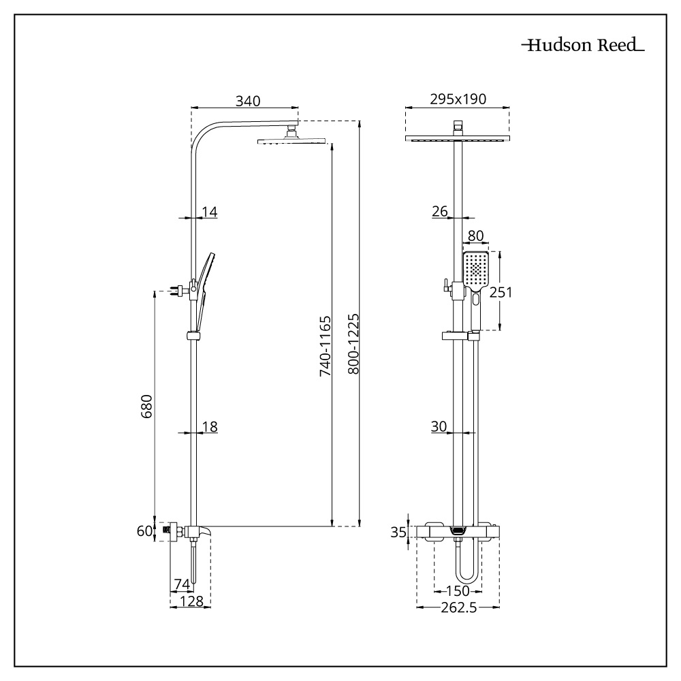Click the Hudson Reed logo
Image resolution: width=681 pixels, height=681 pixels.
point(582,46)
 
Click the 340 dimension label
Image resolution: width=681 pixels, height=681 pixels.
point(248,101)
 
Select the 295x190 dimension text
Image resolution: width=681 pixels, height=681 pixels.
point(458,99)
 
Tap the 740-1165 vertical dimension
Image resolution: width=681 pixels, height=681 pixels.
point(325,346)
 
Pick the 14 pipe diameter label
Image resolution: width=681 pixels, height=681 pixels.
point(209,212)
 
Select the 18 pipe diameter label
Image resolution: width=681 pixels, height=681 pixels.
point(209,427)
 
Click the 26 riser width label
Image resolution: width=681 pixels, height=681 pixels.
point(439,212)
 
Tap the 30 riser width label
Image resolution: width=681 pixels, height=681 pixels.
point(439,427)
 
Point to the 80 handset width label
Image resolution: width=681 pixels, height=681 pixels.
point(476,236)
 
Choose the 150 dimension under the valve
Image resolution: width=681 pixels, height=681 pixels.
point(457,590)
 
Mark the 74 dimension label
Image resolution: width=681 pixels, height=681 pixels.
point(181,584)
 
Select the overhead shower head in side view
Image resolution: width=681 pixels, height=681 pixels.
point(293,141)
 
